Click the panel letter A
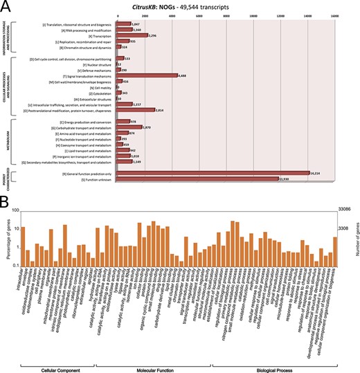6,6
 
